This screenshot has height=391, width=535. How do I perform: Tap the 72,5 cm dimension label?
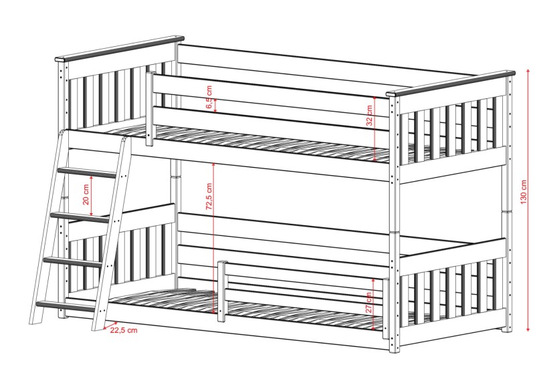(209, 198)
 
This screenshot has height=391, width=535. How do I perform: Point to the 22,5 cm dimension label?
(124, 330)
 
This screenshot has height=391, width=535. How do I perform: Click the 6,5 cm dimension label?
(209, 98)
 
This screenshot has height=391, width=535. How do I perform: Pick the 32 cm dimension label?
(369, 116)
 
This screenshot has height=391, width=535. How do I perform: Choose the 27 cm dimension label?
(369, 301)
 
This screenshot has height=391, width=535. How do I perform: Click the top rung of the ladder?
(88, 172)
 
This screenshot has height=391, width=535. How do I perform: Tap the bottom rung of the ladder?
(66, 307)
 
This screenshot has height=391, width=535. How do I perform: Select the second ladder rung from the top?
(80, 217)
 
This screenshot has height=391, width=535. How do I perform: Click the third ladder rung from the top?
(74, 261)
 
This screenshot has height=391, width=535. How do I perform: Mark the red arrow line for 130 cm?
(528, 254)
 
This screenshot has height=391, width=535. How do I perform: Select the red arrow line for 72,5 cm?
(214, 254)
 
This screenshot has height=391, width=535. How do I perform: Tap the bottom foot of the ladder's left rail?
(33, 319)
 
